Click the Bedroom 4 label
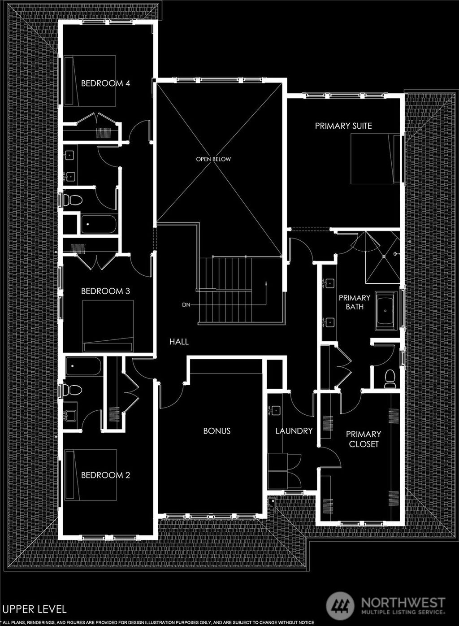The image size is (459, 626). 105,83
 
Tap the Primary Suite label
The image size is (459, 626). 343,126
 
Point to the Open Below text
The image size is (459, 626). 213,159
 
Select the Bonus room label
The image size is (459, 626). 217,431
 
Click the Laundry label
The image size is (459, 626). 294,431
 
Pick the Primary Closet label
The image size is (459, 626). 364,439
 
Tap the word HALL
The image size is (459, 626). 179,342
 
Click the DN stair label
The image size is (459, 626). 186,305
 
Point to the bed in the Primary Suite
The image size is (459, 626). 373,159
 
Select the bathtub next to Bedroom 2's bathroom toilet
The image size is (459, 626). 83,366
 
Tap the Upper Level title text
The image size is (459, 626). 35,609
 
